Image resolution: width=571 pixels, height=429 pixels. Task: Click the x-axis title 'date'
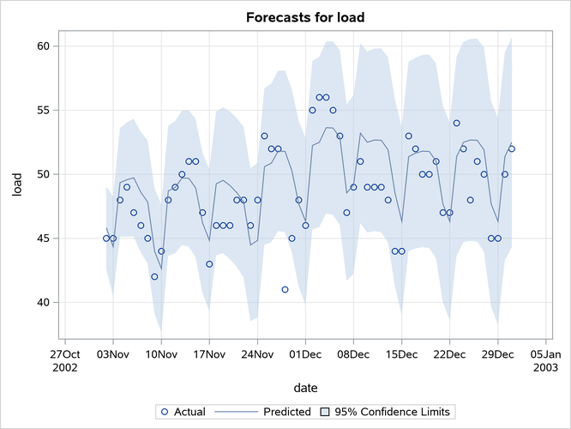[305, 389]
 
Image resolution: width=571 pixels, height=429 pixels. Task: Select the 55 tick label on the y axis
[41, 110]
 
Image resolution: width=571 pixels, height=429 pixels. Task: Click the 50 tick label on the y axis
[41, 174]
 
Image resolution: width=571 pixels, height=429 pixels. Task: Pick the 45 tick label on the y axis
[41, 239]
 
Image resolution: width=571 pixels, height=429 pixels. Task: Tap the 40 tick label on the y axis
[41, 303]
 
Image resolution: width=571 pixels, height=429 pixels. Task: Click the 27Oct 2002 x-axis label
[65, 359]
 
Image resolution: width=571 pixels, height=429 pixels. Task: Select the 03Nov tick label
[113, 353]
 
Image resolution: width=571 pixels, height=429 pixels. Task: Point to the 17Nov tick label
[209, 353]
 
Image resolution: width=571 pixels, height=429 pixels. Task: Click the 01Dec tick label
[306, 353]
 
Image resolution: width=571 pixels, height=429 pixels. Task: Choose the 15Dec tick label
[402, 353]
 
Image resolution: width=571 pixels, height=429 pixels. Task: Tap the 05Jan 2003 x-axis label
[546, 359]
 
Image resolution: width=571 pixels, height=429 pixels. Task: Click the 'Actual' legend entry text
[189, 412]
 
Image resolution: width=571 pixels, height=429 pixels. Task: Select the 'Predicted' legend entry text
[286, 412]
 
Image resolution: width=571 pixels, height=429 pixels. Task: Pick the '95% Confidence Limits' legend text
[392, 412]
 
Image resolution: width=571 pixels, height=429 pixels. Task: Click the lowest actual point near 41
[285, 290]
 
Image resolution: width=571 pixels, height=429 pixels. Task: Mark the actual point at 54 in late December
[456, 123]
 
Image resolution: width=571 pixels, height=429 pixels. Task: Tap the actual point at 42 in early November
[154, 277]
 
